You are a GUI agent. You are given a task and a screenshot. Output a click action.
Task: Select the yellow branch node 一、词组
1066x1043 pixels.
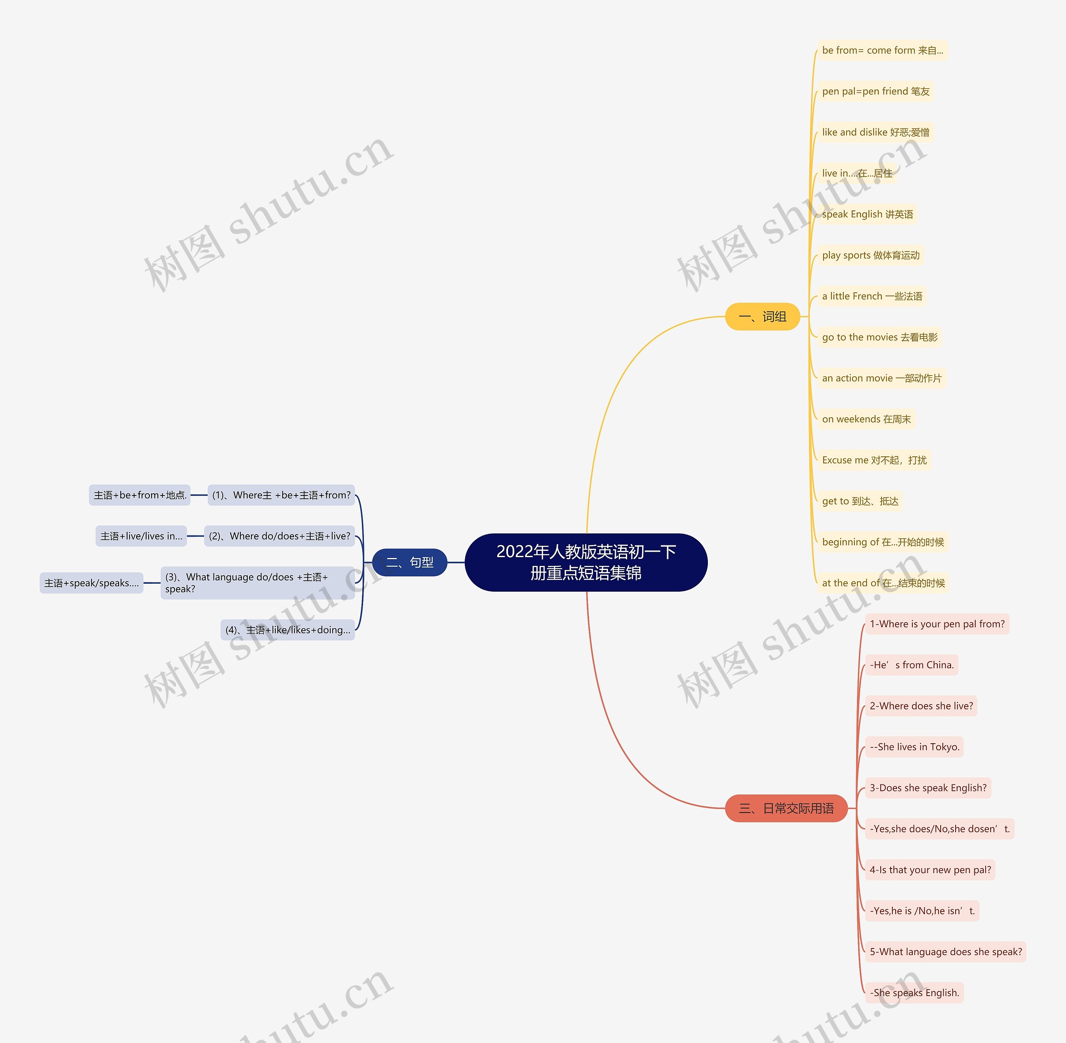coord(762,316)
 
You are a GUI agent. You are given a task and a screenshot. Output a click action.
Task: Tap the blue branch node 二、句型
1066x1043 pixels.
coord(409,562)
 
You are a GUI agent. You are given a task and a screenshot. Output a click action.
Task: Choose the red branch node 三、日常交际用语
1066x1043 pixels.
coord(786,808)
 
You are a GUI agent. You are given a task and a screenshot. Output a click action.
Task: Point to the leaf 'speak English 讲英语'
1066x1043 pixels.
coord(867,214)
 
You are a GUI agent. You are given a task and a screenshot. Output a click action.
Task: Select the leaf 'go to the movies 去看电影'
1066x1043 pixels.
coord(879,337)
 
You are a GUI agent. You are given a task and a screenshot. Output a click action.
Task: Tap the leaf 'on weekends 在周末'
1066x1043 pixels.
coord(866,419)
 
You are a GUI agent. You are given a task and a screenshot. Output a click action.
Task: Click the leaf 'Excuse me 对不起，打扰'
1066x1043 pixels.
coord(874,460)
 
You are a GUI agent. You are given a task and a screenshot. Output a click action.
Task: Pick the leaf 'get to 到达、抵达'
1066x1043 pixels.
coord(860,501)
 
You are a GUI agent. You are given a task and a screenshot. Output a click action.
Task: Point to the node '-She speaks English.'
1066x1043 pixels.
coord(914,993)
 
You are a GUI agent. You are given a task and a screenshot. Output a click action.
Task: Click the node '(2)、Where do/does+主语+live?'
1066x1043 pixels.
coord(279,536)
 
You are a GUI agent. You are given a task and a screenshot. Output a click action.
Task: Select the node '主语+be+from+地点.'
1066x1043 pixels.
coord(139,495)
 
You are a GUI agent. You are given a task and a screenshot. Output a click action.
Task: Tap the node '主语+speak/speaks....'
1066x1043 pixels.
coord(92,583)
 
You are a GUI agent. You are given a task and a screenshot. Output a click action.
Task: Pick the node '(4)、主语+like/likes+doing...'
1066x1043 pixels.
coord(288,630)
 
